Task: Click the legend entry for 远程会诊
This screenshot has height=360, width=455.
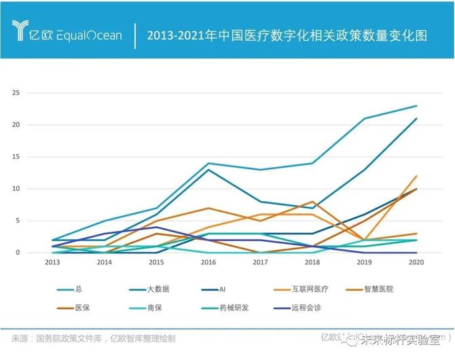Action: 304,307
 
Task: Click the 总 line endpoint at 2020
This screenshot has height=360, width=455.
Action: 416,106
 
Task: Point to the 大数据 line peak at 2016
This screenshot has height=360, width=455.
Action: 208,169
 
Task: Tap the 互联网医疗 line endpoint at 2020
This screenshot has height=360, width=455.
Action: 416,176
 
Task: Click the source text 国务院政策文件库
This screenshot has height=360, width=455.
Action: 68,338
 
